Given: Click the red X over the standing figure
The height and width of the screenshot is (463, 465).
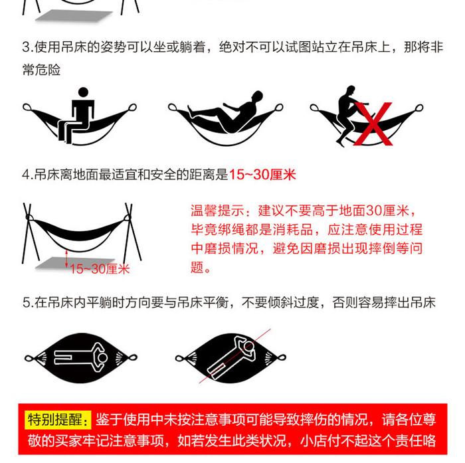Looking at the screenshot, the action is coord(373,124).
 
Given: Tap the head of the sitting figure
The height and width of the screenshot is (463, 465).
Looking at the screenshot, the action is coord(83,92).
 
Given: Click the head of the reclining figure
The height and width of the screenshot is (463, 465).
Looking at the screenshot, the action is coord(258,96).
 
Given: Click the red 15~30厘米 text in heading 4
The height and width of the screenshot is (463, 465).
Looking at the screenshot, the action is coord(262,175).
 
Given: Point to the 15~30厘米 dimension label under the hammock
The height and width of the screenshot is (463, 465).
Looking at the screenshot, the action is coord(100,269).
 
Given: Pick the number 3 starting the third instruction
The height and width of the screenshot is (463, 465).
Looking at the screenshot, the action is coord(26,47).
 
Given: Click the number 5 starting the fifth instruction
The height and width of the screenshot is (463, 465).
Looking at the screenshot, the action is coord(26,303).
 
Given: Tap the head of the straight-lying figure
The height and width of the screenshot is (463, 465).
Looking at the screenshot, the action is coord(102,357).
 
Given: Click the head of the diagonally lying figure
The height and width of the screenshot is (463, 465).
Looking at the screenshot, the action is coord(250,346).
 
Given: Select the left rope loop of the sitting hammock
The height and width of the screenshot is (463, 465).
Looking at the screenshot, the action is coord(27,107).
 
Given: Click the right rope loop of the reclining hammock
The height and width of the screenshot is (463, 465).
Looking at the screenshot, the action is coord(279,107).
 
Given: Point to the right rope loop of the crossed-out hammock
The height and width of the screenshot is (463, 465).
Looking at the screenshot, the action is coord(418,108).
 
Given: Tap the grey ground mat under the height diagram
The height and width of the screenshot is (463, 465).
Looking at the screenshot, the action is coord(74,263).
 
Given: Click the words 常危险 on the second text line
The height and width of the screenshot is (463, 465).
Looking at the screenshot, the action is coord(41,70).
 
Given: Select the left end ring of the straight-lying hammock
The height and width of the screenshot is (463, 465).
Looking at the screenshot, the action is coord(29,358).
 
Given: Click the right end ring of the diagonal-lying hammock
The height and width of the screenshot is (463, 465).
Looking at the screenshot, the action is coord(282,357).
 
